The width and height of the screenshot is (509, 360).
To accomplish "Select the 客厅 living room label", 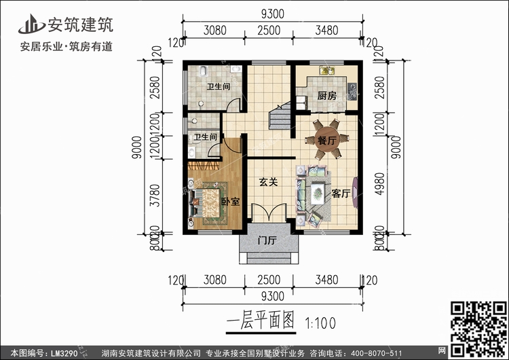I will point(341,194).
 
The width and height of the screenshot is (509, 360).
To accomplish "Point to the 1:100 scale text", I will point(320,322).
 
